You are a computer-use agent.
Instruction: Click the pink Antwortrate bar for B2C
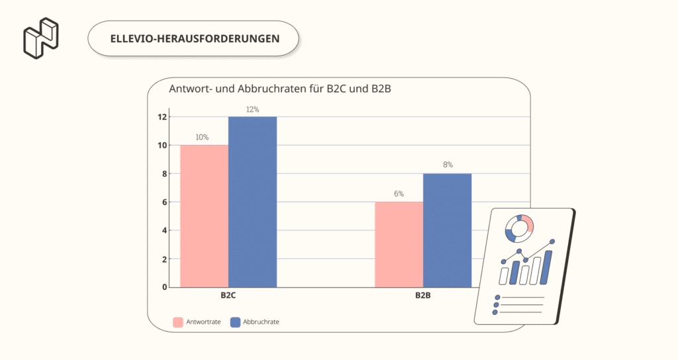(204, 216)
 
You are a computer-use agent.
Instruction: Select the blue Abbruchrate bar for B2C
(252, 202)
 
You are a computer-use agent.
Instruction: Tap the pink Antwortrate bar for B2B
(399, 244)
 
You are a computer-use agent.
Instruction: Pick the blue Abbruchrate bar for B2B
(447, 230)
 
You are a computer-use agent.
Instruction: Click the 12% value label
(252, 109)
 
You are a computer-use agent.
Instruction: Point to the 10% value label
(202, 138)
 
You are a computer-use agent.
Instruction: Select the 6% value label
(399, 194)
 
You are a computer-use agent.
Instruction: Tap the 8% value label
(447, 165)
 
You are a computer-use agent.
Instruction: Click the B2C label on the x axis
(228, 295)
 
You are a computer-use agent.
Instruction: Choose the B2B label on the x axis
(423, 295)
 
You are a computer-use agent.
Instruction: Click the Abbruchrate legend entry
(254, 322)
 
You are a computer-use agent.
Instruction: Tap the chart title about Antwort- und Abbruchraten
(276, 89)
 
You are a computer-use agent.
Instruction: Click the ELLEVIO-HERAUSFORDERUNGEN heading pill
(193, 38)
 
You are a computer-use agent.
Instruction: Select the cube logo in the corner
(40, 38)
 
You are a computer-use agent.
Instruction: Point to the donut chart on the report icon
(519, 228)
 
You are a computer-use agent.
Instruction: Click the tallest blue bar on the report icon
(547, 267)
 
